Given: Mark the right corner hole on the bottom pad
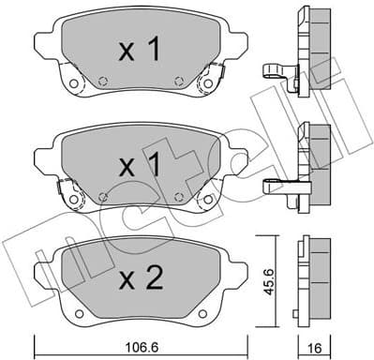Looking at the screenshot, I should (217, 305).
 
